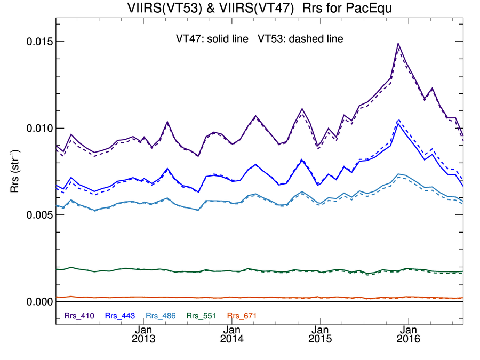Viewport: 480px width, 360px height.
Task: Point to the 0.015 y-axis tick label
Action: pos(39,42)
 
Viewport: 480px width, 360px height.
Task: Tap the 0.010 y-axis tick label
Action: pos(39,129)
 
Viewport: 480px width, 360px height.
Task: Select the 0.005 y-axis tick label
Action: pos(39,215)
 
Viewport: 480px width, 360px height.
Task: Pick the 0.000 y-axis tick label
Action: pos(39,302)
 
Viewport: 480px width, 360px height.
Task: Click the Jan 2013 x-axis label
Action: pos(143,334)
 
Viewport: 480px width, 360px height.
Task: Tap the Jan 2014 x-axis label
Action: pos(231,334)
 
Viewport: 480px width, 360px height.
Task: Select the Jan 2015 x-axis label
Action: pos(320,334)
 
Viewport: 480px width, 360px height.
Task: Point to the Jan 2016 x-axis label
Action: pos(409,334)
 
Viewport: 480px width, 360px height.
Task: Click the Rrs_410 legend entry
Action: pos(79,316)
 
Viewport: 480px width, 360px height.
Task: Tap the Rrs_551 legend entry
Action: pos(202,316)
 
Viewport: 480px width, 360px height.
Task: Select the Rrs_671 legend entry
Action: pos(242,316)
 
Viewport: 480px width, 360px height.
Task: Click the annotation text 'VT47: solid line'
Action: pos(214,39)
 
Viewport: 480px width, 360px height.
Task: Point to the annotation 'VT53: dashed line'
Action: pos(300,39)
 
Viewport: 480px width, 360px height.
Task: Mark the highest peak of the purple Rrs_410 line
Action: pos(398,44)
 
